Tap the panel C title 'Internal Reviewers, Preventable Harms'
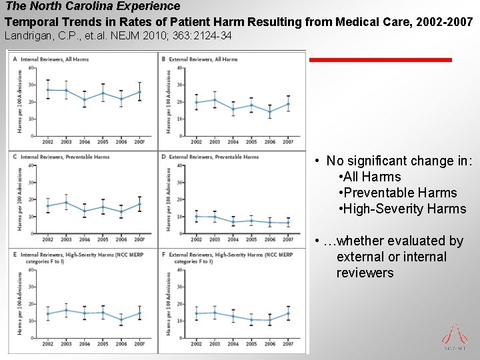65,157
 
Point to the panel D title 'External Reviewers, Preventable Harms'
213,157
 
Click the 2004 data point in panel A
84,100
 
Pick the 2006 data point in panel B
269,112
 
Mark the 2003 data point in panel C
66,203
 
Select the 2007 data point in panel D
288,223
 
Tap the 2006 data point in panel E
121,320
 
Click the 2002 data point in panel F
196,313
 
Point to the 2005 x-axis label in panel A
103,141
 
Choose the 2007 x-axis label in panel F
288,344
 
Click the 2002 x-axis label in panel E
48,344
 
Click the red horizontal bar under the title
380,60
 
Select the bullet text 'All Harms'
371,177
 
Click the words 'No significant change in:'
399,161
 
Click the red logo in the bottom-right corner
455,333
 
